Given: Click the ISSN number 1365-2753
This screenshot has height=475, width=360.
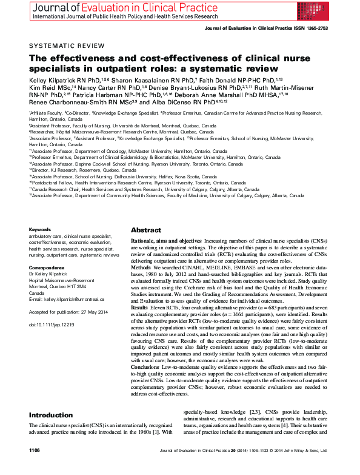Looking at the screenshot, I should click(x=317, y=27).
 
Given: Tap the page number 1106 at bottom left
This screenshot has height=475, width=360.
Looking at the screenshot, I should click(x=35, y=468).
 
